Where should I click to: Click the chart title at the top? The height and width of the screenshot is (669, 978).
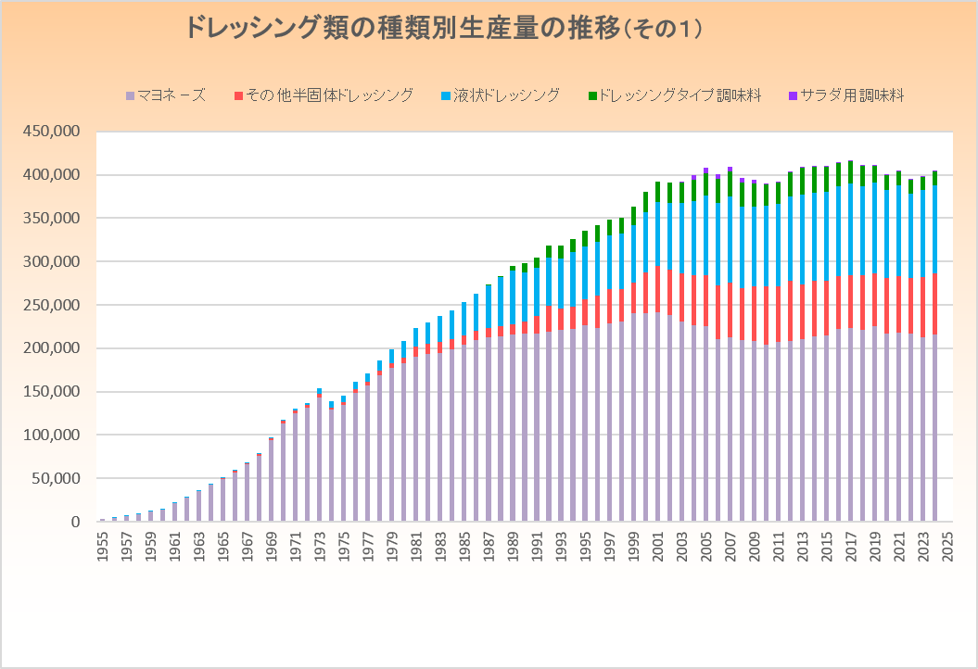click(x=443, y=28)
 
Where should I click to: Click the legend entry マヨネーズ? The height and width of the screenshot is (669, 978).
click(x=171, y=95)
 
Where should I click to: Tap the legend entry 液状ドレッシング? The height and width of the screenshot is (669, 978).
click(x=504, y=95)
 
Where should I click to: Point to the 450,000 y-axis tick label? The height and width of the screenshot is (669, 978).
click(x=53, y=132)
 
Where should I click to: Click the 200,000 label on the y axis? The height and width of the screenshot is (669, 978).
click(x=53, y=348)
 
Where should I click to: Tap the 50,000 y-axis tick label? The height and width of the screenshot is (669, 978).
click(x=57, y=479)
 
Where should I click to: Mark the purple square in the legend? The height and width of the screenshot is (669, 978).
click(x=792, y=95)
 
